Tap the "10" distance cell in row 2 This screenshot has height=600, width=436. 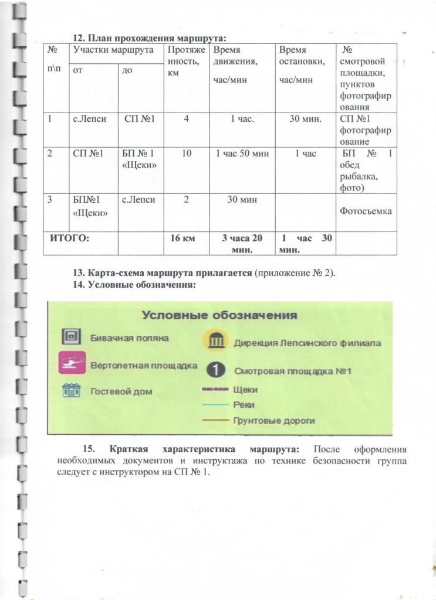pyautogui.click(x=186, y=154)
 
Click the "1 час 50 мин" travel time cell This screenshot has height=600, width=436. pyautogui.click(x=242, y=154)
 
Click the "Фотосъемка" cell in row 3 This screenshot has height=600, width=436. pyautogui.click(x=366, y=210)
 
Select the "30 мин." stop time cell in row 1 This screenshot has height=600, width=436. pyautogui.click(x=305, y=119)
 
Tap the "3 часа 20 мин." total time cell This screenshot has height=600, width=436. pyautogui.click(x=242, y=243)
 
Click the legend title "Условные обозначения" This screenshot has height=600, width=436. pyautogui.click(x=219, y=315)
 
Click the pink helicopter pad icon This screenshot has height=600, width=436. pyautogui.click(x=72, y=363)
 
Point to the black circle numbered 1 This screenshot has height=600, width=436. pyautogui.click(x=216, y=370)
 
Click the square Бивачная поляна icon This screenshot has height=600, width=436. pyautogui.click(x=72, y=337)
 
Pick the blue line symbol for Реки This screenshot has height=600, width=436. pyautogui.click(x=216, y=405)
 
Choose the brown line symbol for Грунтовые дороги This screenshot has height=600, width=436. pyautogui.click(x=216, y=420)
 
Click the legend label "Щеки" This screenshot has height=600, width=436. pyautogui.click(x=245, y=389)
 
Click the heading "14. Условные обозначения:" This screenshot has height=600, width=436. pyautogui.click(x=134, y=285)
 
